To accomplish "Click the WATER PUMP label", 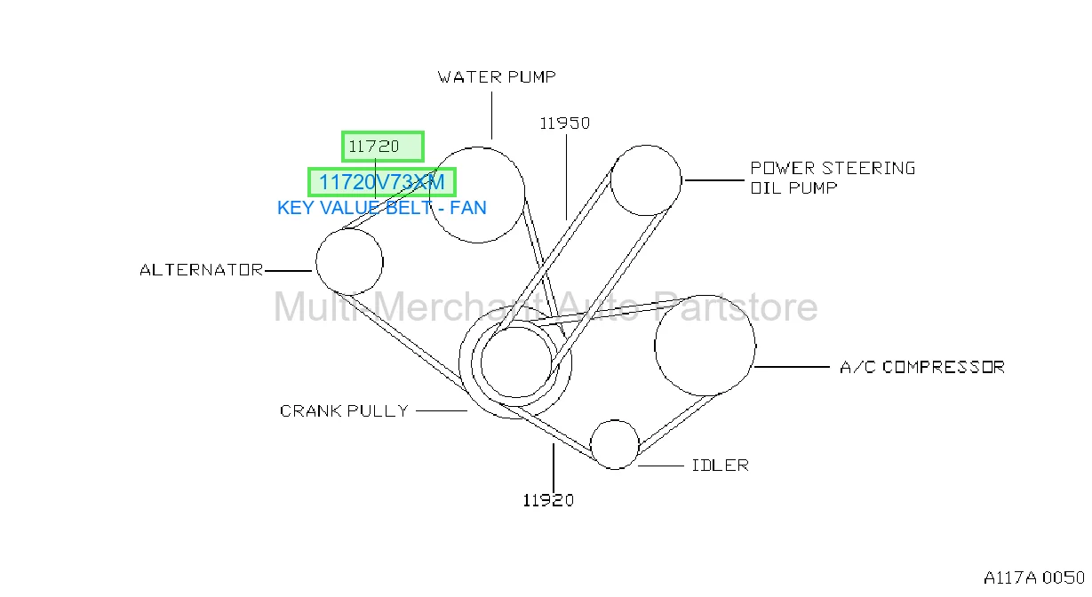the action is [497, 77].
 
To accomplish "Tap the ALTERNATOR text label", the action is [202, 269].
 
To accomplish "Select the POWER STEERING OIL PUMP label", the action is [833, 178].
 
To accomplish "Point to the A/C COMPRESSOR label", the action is [922, 367].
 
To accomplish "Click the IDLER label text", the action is [720, 466].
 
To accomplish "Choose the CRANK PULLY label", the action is [344, 410].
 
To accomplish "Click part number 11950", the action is [565, 123].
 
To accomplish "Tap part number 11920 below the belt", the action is [548, 500].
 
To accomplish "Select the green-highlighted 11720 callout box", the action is [383, 147].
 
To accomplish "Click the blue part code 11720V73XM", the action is [382, 182].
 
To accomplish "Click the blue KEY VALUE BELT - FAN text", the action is [382, 208].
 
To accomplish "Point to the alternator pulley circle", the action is [316, 262].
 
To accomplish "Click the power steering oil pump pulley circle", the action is [610, 180].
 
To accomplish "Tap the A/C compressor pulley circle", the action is [654, 346].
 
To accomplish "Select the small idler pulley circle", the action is [590, 445].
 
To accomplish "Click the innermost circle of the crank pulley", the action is [481, 362].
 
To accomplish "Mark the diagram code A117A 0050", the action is [1034, 577].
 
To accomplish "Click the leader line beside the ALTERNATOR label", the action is [288, 270].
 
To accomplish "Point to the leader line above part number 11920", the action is [554, 468].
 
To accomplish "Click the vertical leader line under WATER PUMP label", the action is [491, 115].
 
